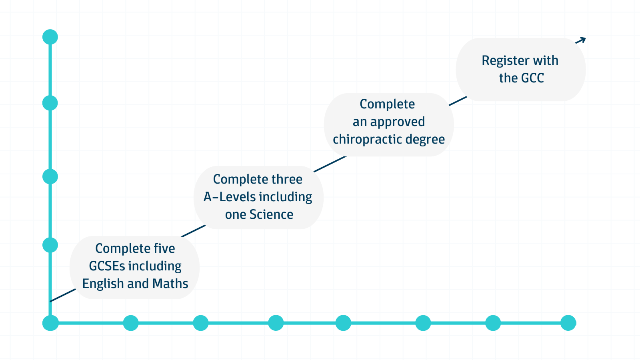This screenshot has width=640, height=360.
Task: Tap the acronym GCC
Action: pos(532,78)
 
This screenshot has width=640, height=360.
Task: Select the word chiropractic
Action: pos(367,140)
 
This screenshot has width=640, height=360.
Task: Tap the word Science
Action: pos(271,214)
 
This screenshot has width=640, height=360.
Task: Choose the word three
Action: pos(287,180)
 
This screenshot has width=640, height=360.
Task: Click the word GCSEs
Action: pos(107,266)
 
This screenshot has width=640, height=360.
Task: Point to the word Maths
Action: pos(170,284)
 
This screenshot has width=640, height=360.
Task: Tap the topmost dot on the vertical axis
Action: pos(50,37)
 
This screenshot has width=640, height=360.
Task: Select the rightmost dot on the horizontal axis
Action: pos(568,323)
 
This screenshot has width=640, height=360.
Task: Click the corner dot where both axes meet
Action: pos(50,323)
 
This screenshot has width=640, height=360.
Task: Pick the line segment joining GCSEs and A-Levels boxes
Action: pos(194,231)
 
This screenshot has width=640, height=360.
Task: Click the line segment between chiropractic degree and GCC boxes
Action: pos(458,101)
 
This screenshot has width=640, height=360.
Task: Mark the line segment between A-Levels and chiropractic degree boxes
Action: pos(330,164)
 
